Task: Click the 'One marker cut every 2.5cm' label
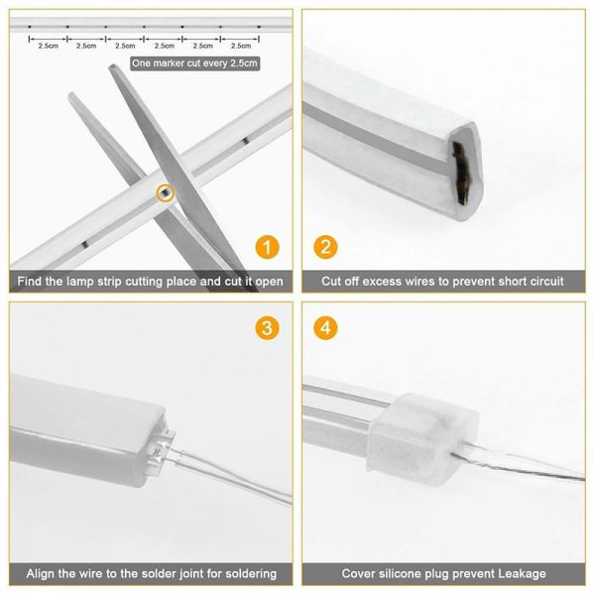point(194,64)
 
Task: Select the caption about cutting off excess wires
point(442,282)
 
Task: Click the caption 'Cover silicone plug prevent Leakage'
point(442,573)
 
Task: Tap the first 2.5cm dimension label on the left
point(47,46)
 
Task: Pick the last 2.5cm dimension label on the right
point(240,46)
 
